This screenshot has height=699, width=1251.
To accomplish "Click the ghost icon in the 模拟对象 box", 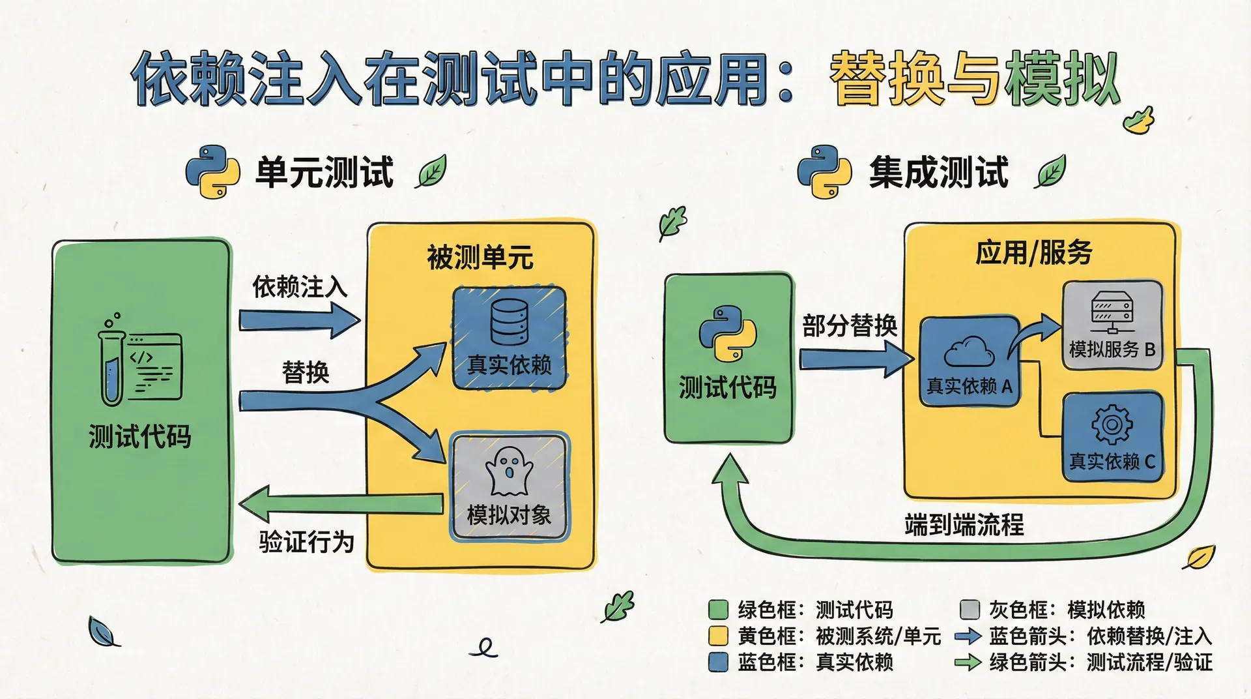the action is point(509,471).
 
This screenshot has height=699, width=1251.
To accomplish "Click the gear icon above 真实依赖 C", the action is point(1112,424).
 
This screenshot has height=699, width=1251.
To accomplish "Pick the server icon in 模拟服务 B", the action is point(1112,311).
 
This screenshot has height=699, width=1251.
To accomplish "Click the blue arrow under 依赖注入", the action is point(299,320).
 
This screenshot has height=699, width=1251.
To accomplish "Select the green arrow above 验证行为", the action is point(341,503).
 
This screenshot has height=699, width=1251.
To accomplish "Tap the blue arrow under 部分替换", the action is point(857,359).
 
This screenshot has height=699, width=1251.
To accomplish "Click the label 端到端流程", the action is point(964,524).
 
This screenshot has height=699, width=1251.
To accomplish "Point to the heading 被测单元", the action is point(480,258).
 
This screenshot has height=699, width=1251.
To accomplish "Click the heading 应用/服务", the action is point(1033,252).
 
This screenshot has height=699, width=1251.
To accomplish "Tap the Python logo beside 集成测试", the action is point(824,171).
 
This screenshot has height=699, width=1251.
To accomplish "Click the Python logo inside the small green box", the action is point(728,333).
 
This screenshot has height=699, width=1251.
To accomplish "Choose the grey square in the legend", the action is point(970,610).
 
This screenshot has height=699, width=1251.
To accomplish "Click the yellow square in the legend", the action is point(717,636).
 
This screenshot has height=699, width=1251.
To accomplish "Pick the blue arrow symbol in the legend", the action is point(968,636).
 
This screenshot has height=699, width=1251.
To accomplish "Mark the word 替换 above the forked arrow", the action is point(306,372).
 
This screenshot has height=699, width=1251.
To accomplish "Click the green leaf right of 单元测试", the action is point(431,171).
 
